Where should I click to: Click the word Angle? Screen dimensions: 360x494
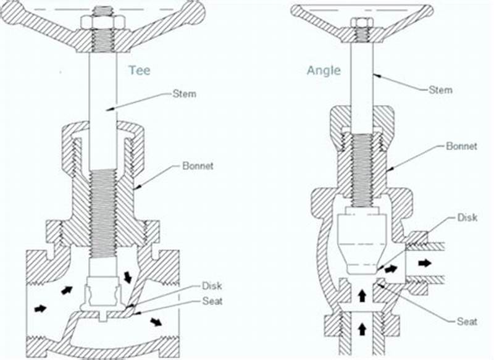pyautogui.click(x=324, y=70)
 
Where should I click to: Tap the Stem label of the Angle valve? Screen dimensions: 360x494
pyautogui.click(x=440, y=90)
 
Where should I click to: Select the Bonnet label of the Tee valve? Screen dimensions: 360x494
pyautogui.click(x=198, y=166)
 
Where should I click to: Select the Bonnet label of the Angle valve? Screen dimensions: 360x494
pyautogui.click(x=461, y=146)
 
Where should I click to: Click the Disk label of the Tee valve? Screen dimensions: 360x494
pyautogui.click(x=211, y=286)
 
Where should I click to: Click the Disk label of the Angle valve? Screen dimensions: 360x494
pyautogui.click(x=467, y=218)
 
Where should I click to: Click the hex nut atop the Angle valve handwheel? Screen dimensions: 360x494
pyautogui.click(x=362, y=23)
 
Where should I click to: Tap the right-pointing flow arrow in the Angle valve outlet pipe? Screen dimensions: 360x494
pyautogui.click(x=425, y=263)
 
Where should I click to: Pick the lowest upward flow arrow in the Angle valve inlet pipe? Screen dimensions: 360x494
pyautogui.click(x=362, y=329)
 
